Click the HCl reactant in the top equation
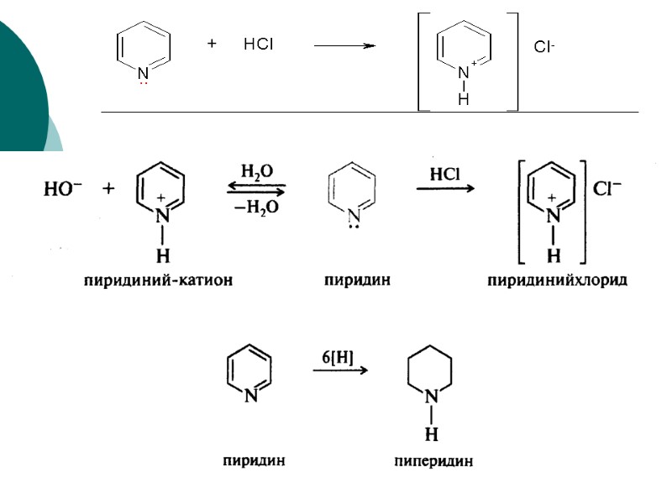click(x=258, y=45)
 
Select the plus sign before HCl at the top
click(x=213, y=44)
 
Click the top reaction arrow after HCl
click(x=344, y=46)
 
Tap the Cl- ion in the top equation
click(x=543, y=47)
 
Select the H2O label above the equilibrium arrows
click(x=256, y=171)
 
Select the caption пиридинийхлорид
click(x=558, y=281)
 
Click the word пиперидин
click(x=433, y=460)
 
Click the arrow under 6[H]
click(x=340, y=370)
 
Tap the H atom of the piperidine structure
click(x=431, y=434)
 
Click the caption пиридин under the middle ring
click(x=357, y=281)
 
